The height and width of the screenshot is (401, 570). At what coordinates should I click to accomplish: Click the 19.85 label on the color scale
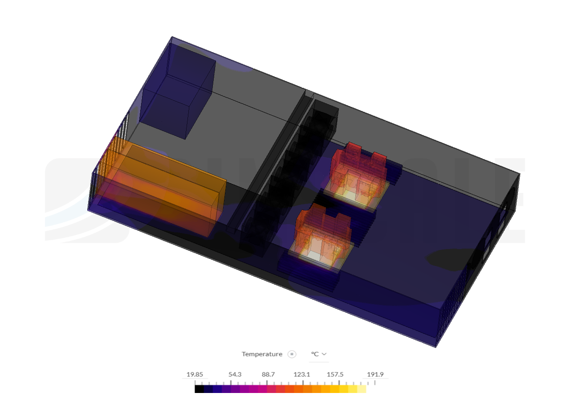tap(195, 374)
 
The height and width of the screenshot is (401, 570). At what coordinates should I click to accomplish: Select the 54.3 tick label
tap(235, 374)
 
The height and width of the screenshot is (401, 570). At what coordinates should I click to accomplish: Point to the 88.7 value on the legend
tap(268, 374)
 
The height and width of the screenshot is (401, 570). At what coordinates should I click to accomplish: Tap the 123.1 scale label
tap(302, 374)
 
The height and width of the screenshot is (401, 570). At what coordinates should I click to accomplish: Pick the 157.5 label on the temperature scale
tap(335, 374)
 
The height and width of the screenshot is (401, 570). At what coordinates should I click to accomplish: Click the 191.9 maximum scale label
tap(375, 374)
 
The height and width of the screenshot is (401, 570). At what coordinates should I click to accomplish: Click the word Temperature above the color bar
tap(262, 354)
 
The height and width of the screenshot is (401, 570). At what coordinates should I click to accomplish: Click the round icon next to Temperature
tap(292, 354)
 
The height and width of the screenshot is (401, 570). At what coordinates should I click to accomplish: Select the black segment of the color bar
tap(199, 389)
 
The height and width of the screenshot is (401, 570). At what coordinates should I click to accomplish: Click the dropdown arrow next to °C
tap(324, 354)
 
